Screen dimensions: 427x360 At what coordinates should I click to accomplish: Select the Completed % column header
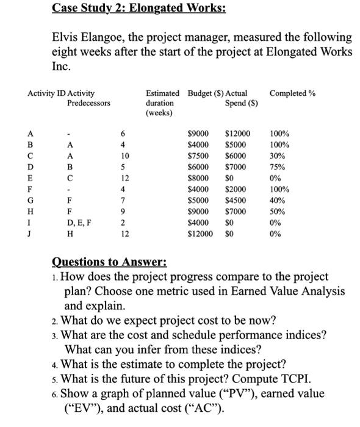click(x=292, y=93)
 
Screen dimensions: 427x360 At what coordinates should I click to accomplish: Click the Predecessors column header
click(x=89, y=103)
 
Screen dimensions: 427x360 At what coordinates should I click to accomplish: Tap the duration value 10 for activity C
click(x=126, y=156)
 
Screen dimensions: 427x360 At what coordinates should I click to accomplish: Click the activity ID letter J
click(x=30, y=232)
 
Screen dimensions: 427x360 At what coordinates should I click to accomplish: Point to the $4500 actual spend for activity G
click(x=235, y=199)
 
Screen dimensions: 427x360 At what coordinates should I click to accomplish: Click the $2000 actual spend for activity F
click(x=235, y=188)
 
